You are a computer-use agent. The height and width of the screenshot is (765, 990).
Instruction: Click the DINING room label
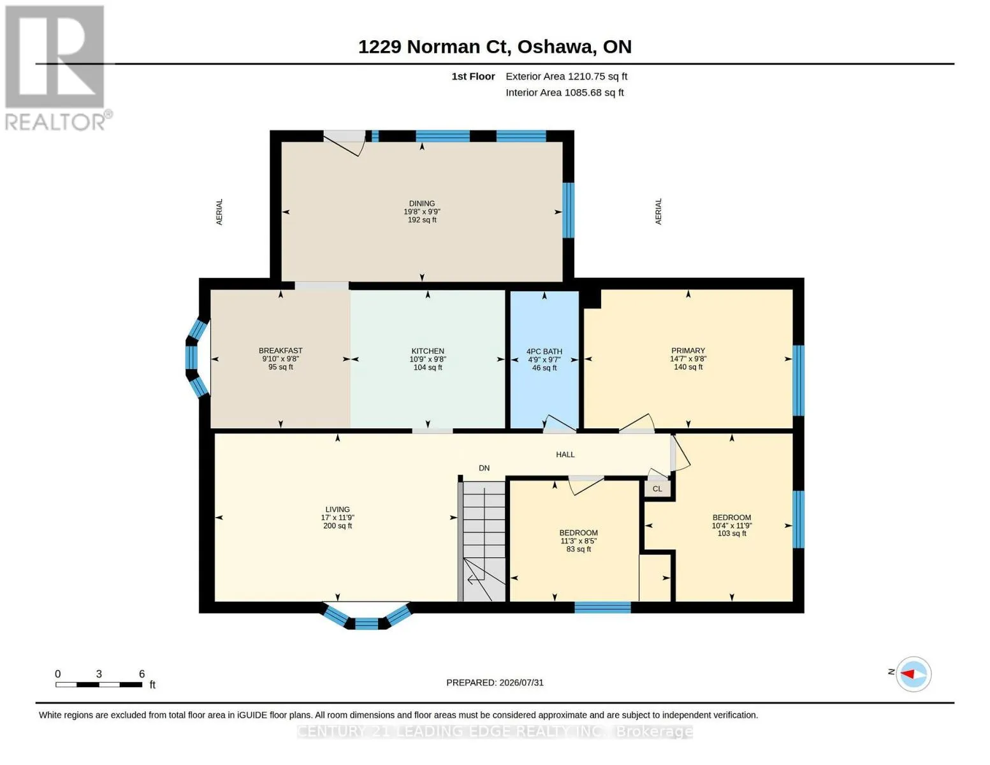[x=421, y=203]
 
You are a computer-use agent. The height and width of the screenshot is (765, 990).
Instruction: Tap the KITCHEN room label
[x=427, y=351]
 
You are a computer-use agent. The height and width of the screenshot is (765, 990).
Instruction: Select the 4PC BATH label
[x=544, y=351]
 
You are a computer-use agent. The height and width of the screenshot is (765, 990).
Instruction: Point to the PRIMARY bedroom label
[x=688, y=351]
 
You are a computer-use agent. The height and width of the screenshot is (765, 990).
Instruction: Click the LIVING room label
[x=337, y=509]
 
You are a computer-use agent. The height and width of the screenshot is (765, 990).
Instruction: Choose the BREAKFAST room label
[x=280, y=351]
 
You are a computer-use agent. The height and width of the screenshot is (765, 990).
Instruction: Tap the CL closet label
[x=657, y=489]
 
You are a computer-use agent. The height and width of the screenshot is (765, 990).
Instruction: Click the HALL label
[x=565, y=455]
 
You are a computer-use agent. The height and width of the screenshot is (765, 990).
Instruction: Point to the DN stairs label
[x=484, y=468]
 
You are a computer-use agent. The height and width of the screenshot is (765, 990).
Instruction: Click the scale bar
[x=99, y=684]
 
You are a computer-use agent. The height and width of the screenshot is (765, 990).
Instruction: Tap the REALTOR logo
[x=56, y=68]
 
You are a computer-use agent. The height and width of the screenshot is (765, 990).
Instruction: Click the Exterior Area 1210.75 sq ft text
[x=566, y=76]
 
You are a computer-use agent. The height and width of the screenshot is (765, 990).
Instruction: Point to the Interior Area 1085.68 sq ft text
[x=564, y=92]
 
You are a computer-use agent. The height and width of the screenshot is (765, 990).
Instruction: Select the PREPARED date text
[x=495, y=683]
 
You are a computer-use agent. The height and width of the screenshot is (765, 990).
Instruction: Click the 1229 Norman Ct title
[x=495, y=47]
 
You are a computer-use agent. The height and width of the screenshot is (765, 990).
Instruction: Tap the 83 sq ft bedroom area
[x=578, y=549]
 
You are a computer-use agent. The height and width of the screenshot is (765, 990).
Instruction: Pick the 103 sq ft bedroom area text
[x=732, y=533]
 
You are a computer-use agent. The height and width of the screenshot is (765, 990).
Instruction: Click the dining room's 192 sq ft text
[x=421, y=219]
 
